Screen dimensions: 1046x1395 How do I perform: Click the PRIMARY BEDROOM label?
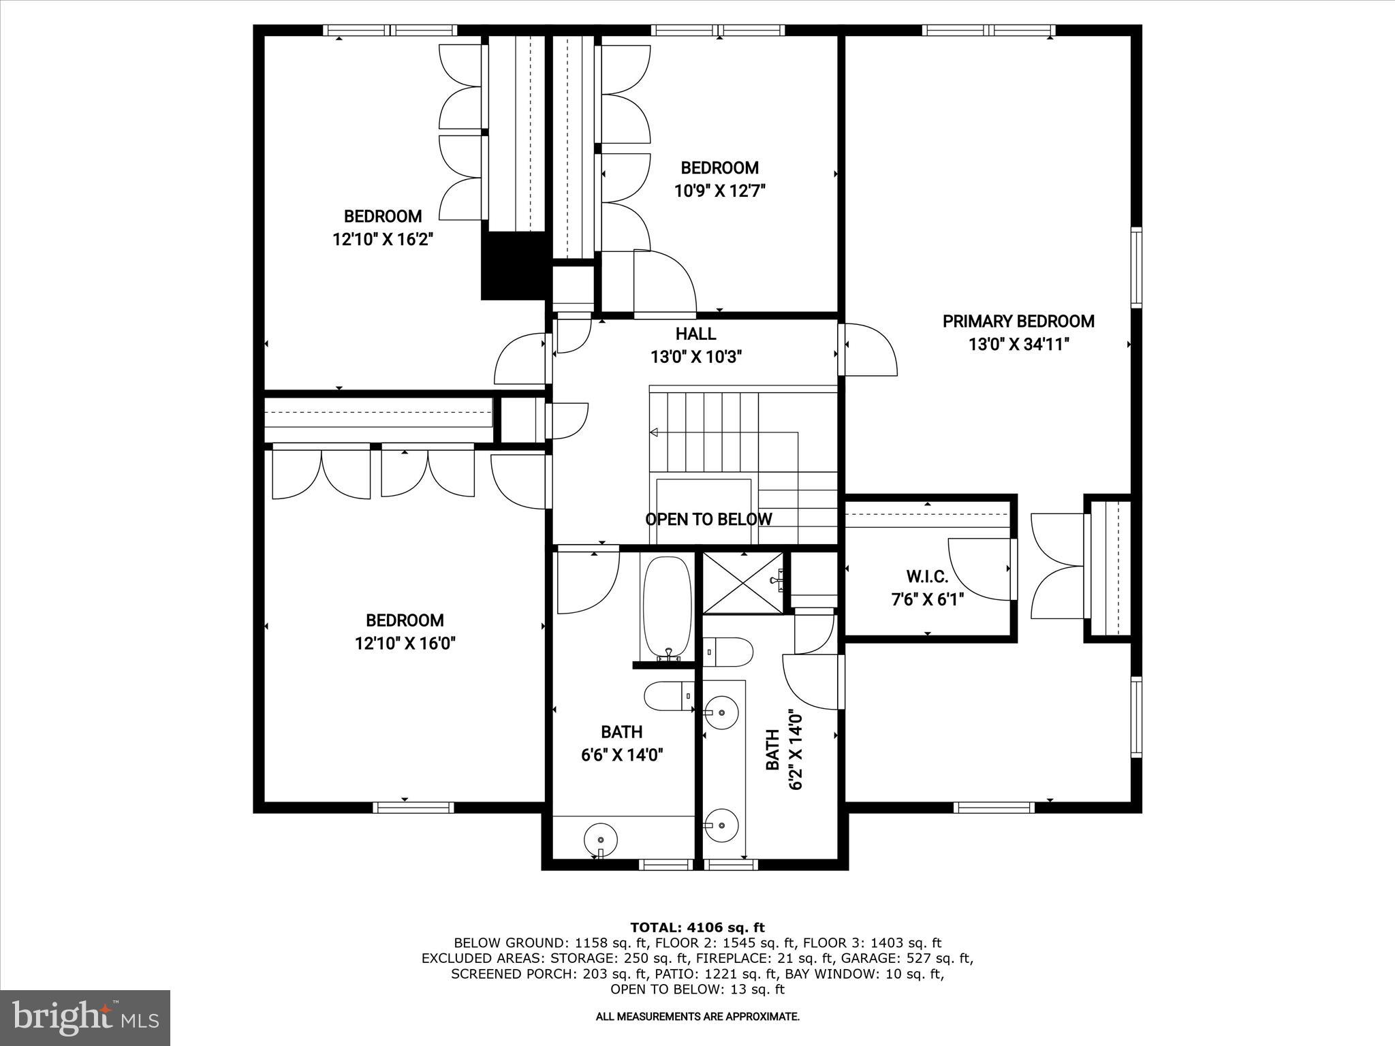point(1018,321)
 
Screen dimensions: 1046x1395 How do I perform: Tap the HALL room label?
point(695,334)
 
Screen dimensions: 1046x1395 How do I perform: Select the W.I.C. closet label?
point(927,577)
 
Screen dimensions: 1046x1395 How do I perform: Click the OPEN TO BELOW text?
point(708,519)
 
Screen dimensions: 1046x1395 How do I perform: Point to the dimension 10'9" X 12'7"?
point(720,191)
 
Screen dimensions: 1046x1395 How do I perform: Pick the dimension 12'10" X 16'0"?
point(405,643)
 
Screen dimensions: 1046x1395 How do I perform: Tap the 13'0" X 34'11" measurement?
point(1018,345)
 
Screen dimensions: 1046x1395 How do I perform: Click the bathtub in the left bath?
point(667,606)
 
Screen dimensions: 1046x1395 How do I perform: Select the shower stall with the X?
point(743,583)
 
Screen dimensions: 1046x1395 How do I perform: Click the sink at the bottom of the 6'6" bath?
point(601,839)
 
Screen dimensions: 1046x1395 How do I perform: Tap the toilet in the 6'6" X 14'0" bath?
point(668,696)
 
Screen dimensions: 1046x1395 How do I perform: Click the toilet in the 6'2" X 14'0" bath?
point(727,652)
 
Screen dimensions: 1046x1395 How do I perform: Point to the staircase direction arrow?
point(655,432)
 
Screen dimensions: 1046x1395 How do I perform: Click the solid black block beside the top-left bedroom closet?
point(515,266)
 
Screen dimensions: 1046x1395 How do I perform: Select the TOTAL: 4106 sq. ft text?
point(697,927)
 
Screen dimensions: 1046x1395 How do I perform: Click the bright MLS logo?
point(85,1017)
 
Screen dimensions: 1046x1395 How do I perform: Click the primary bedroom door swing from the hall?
point(869,349)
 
